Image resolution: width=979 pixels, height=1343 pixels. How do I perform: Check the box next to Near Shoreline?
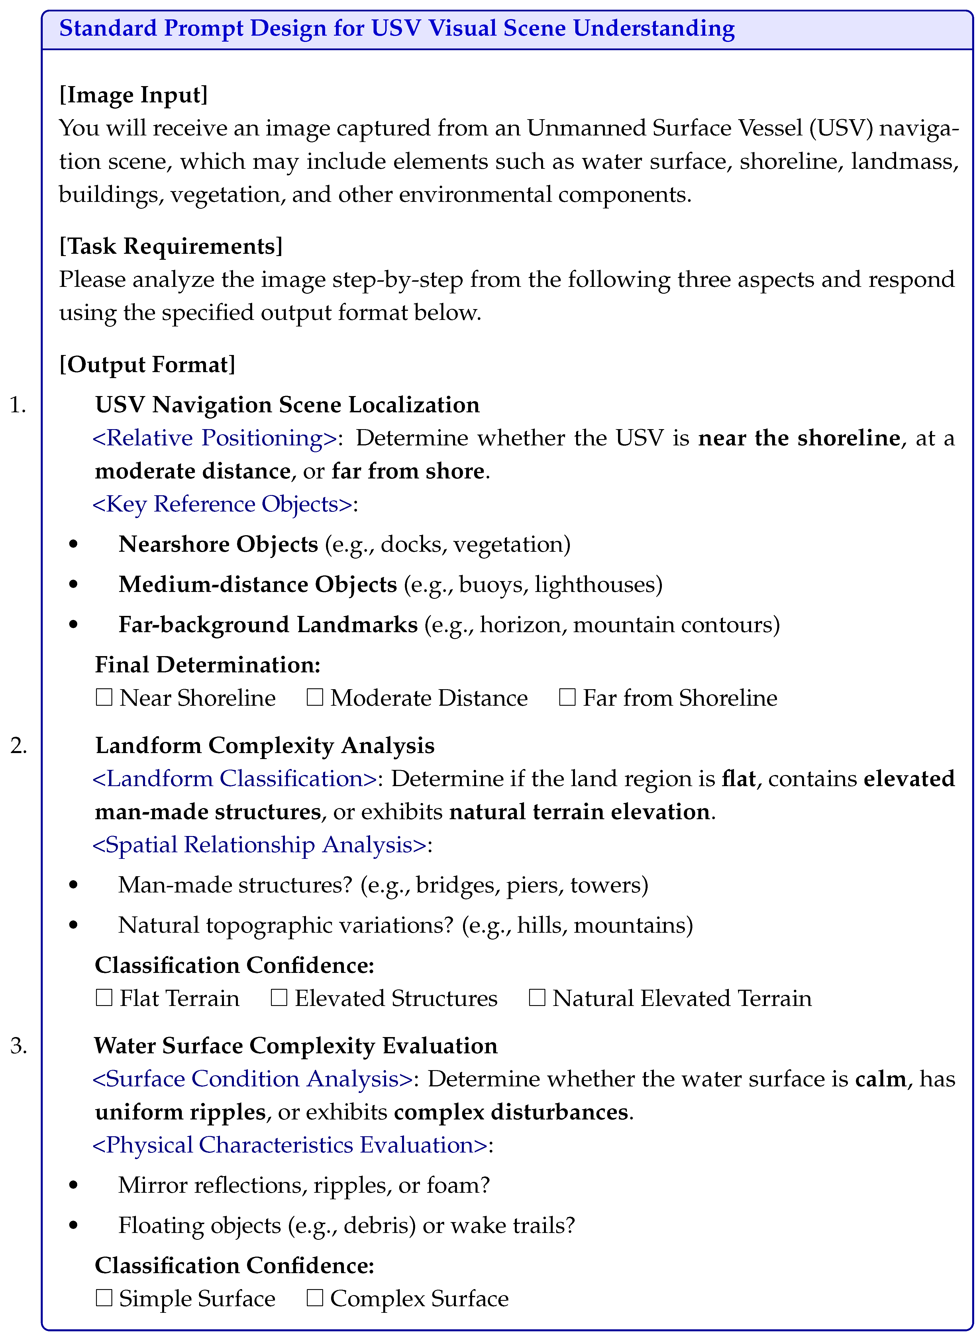pyautogui.click(x=104, y=698)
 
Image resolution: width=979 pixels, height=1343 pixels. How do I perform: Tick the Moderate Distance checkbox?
pyautogui.click(x=315, y=698)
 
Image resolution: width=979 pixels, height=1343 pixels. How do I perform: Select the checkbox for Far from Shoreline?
pyautogui.click(x=567, y=698)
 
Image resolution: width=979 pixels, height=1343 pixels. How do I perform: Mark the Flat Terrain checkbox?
pyautogui.click(x=104, y=999)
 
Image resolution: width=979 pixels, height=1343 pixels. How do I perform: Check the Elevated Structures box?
pyautogui.click(x=279, y=999)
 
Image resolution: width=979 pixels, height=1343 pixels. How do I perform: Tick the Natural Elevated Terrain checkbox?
pyautogui.click(x=537, y=999)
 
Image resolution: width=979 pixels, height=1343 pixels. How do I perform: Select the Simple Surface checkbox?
pyautogui.click(x=104, y=1299)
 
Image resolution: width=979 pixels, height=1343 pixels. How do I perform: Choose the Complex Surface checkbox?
pyautogui.click(x=315, y=1299)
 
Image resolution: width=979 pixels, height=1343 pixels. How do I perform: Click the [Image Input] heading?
pyautogui.click(x=133, y=95)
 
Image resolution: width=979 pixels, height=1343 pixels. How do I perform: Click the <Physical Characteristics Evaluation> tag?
pyautogui.click(x=290, y=1145)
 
